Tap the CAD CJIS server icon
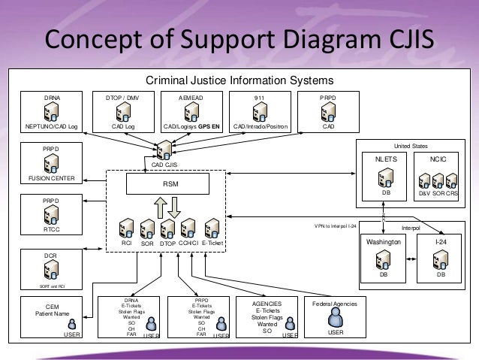[165, 150]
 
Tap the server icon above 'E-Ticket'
[212, 228]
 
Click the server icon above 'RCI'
[127, 228]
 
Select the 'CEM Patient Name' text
[52, 310]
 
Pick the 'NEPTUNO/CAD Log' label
[52, 126]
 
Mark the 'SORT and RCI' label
[52, 286]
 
